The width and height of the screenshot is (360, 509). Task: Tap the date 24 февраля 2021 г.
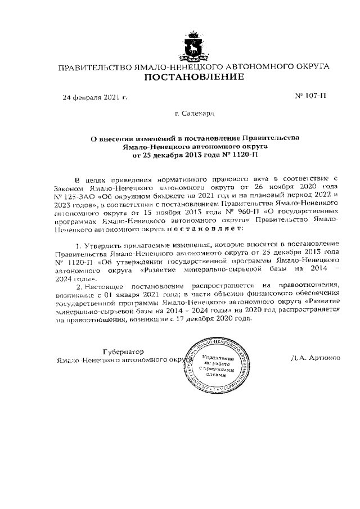(x=94, y=97)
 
